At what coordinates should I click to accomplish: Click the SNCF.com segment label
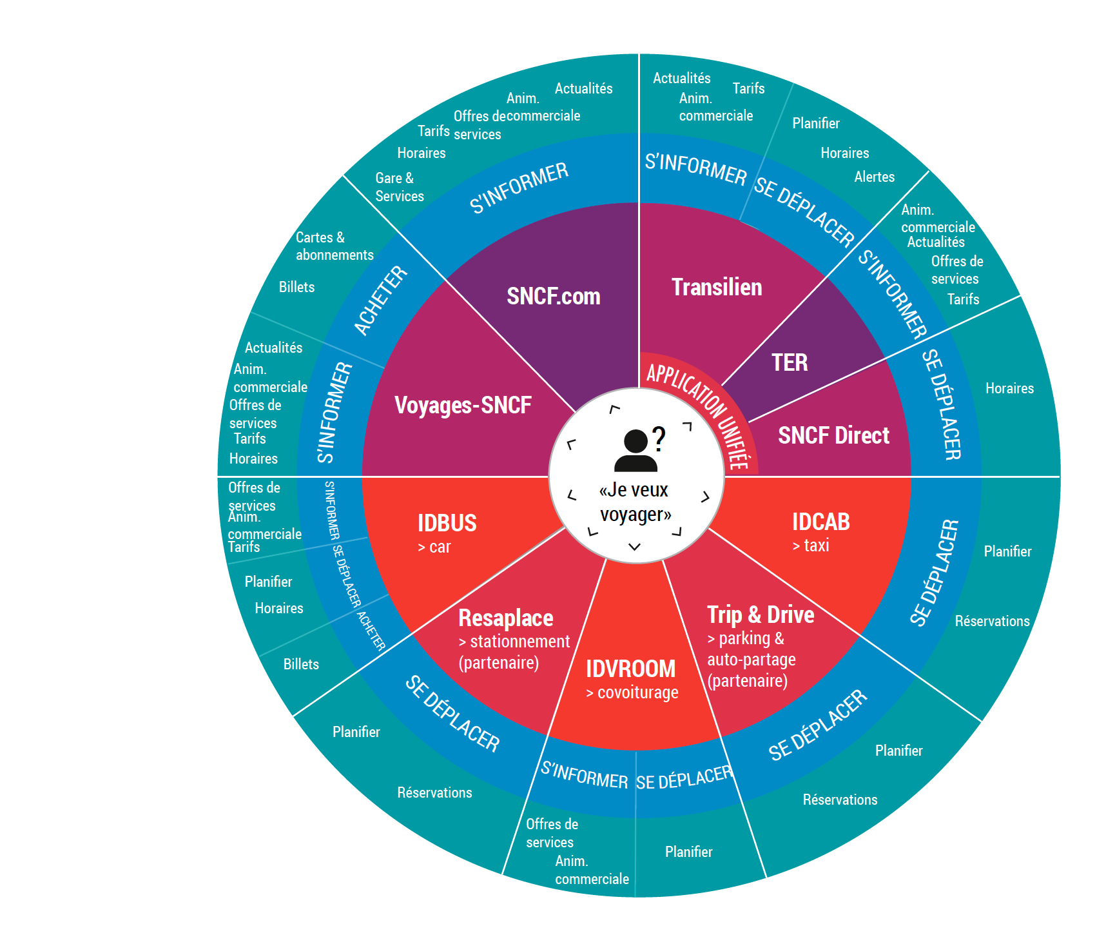coord(553,297)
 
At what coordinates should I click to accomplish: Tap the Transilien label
coord(717,288)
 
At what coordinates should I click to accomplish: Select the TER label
coord(790,362)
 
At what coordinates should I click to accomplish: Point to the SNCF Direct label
coord(833,436)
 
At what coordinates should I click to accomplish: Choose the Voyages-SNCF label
coord(463,406)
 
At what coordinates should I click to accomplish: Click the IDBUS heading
coord(447,523)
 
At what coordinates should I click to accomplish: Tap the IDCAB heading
coord(820,522)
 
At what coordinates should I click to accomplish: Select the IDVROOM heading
coord(630,669)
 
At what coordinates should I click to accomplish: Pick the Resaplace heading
coord(505,618)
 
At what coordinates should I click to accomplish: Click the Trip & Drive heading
coord(761,615)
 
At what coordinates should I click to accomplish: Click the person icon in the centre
coord(635,451)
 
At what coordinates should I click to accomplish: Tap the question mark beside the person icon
coord(658,438)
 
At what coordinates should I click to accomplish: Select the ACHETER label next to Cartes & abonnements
coord(380,301)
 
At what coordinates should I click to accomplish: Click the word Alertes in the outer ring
coord(874,177)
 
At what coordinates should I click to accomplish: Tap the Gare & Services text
coord(399,187)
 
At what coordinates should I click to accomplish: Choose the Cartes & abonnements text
coord(333,246)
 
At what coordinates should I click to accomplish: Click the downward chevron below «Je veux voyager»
coord(635,547)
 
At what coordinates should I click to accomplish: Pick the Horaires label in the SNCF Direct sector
coord(1009,389)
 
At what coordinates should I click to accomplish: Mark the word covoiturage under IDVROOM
coord(637,693)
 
